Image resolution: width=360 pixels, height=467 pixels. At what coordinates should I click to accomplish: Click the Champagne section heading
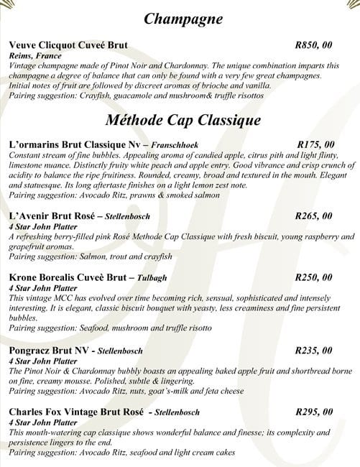tap(183, 19)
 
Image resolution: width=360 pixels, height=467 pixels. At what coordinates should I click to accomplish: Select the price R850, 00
tap(313, 45)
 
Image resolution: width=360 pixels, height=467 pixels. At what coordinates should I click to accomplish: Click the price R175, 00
tap(315, 144)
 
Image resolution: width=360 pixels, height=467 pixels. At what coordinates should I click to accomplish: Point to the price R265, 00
tap(313, 215)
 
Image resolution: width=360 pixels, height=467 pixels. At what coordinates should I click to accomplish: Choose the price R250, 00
tap(313, 277)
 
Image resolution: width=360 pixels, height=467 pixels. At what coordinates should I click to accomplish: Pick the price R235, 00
tap(313, 351)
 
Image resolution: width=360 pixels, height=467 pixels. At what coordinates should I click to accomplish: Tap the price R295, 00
tap(314, 412)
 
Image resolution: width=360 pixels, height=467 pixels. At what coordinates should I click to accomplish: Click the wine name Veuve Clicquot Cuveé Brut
tap(68, 45)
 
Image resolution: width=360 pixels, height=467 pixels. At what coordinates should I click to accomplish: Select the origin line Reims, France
tap(36, 55)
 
